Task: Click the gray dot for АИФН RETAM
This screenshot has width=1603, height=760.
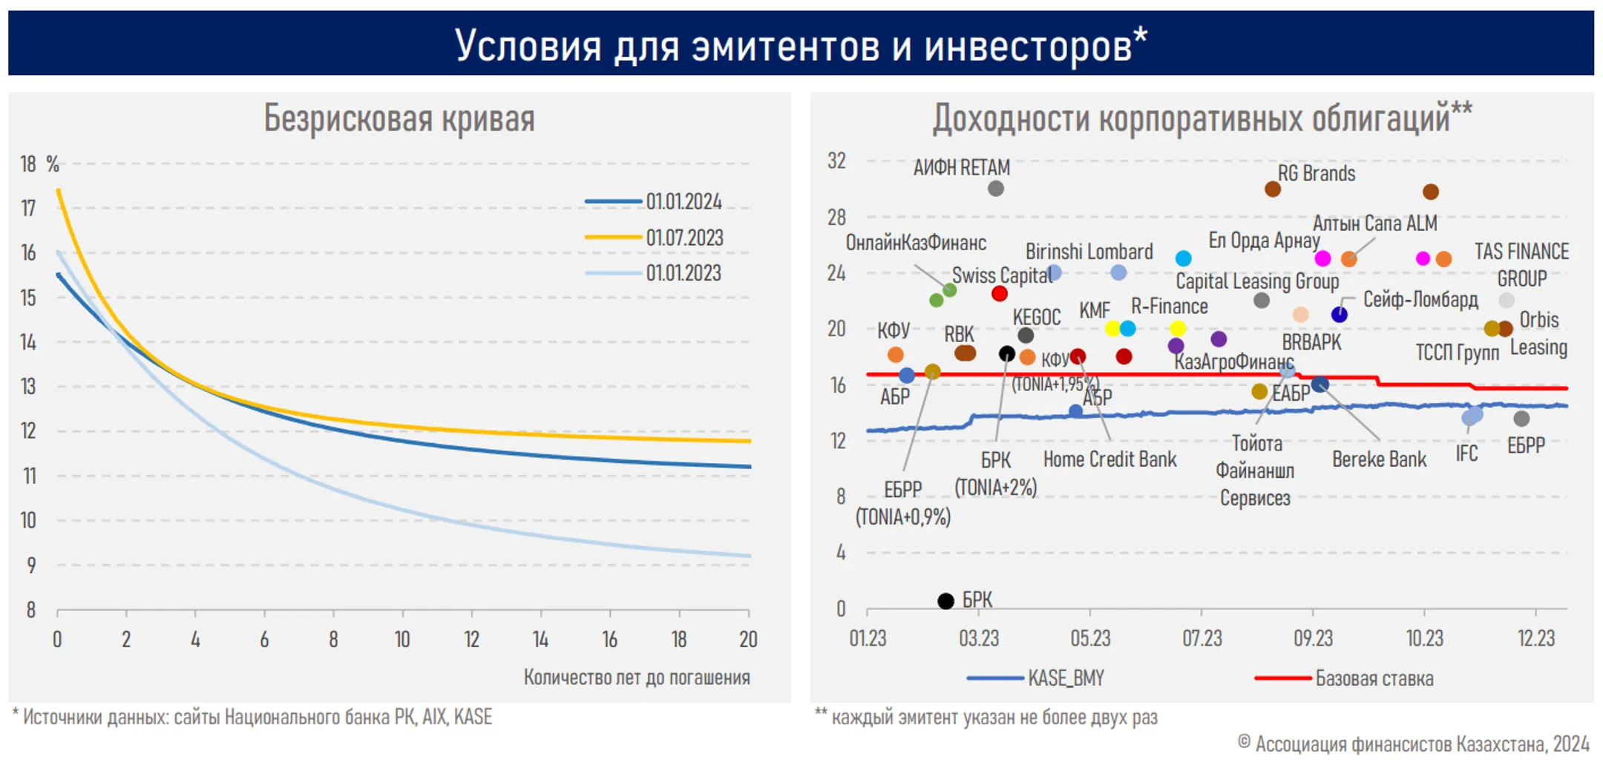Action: [x=996, y=189]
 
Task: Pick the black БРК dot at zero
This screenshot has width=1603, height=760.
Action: [x=945, y=600]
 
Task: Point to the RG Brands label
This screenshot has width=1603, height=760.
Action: [x=1316, y=174]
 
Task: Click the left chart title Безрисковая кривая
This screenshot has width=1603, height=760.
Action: [x=399, y=119]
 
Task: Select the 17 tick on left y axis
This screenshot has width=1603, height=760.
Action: [x=28, y=209]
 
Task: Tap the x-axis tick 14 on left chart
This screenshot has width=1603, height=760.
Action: [x=540, y=639]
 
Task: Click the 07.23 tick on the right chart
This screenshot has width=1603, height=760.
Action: [x=1202, y=638]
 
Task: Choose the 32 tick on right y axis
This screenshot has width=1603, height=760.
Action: [x=836, y=161]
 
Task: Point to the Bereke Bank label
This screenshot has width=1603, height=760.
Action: [x=1379, y=459]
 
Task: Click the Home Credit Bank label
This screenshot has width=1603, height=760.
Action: [x=1109, y=459]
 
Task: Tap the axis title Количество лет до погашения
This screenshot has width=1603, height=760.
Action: [x=637, y=677]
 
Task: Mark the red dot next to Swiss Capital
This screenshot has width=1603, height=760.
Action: [x=1000, y=294]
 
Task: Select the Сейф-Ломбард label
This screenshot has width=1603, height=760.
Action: [x=1420, y=300]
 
